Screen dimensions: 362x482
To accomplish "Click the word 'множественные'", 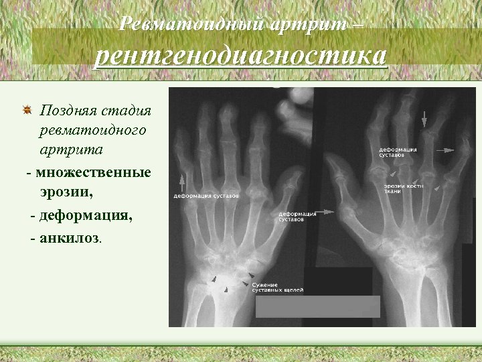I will coord(94,173).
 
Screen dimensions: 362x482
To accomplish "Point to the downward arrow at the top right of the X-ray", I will coord(423,119).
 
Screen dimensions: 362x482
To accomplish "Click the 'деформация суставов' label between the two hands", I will coord(297,217).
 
